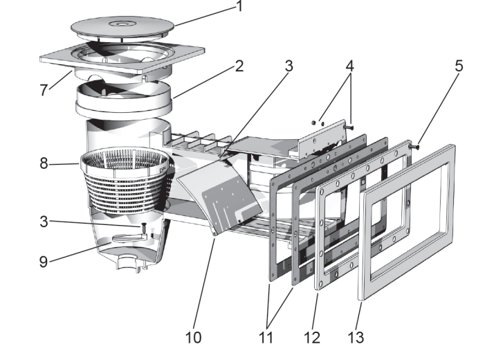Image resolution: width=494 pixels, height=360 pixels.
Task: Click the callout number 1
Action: point(239,8)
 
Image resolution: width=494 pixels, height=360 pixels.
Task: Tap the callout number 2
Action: point(239,67)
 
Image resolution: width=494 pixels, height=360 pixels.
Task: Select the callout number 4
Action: point(350,67)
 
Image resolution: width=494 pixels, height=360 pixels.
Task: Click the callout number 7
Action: point(45,90)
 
